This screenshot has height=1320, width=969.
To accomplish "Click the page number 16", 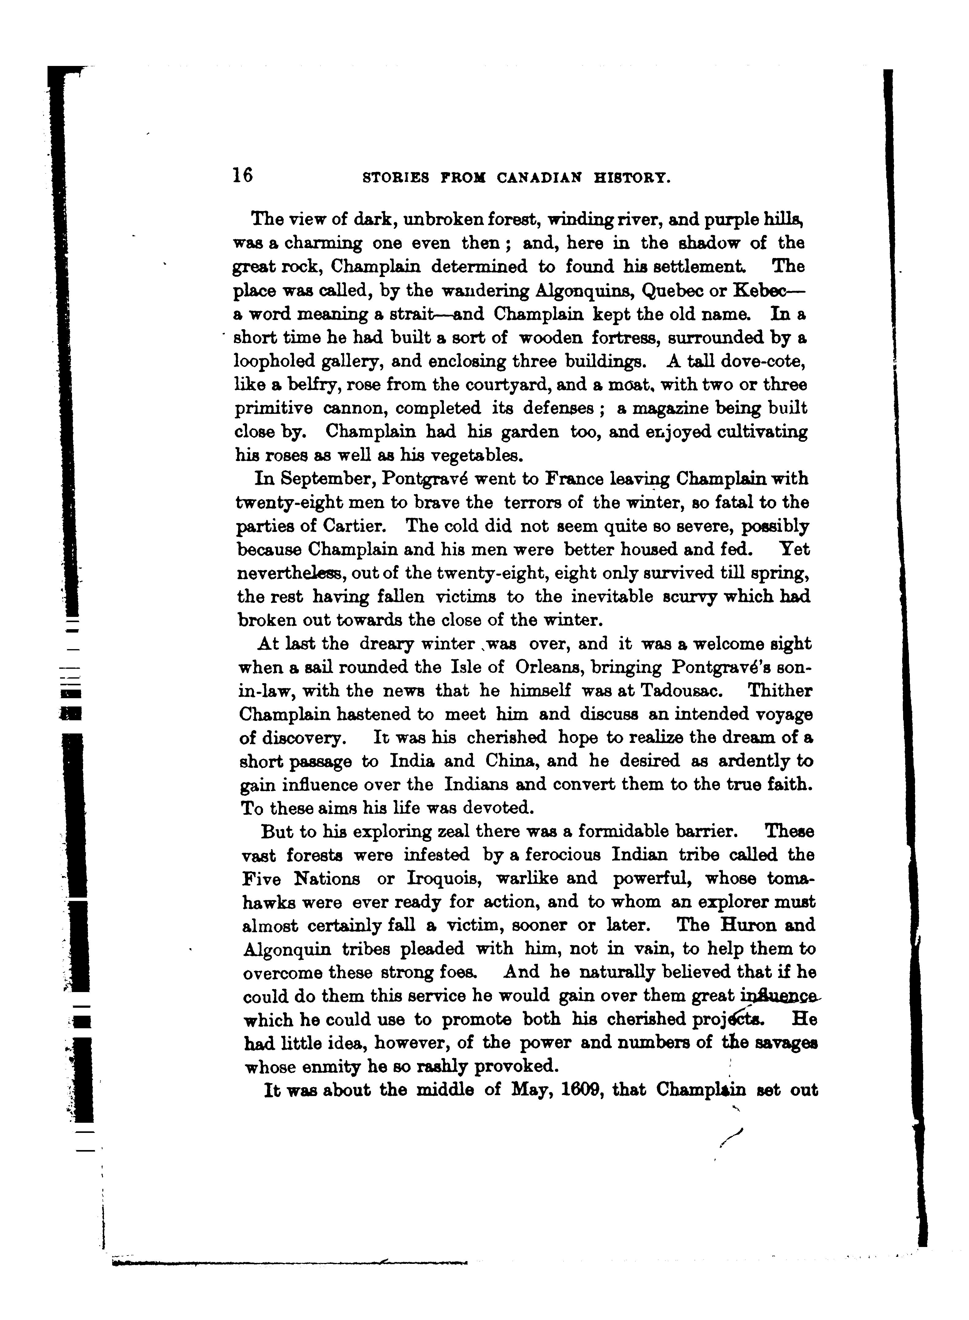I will [242, 175].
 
